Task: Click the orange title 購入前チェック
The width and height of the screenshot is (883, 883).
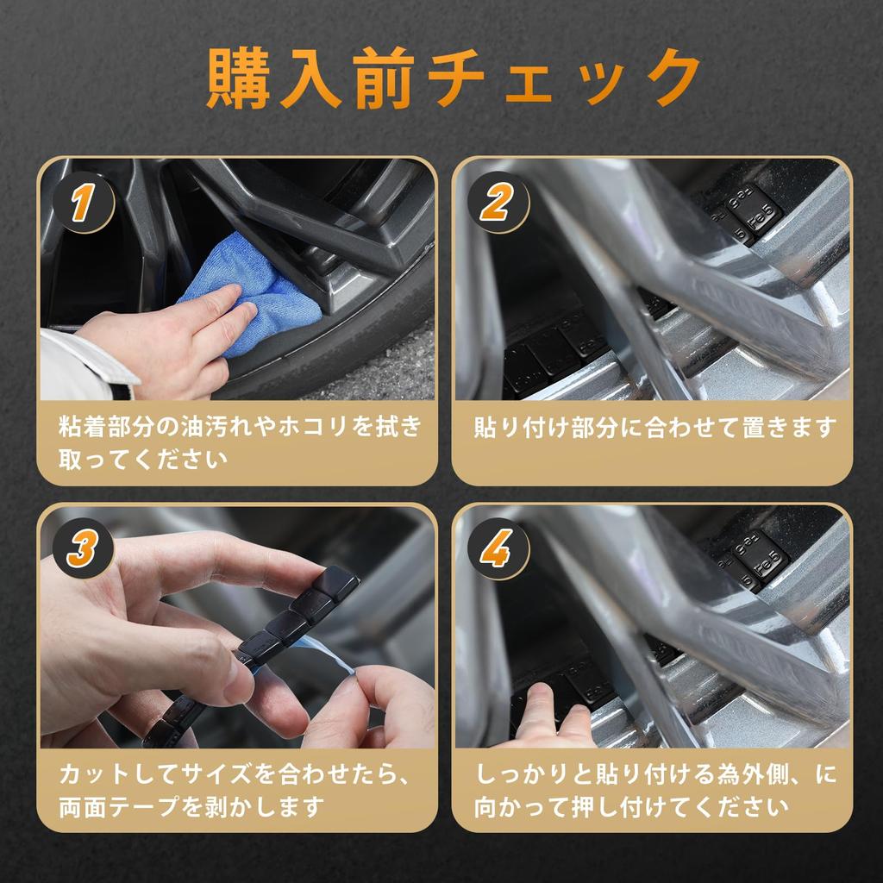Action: click(454, 78)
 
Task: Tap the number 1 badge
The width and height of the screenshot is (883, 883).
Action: click(84, 203)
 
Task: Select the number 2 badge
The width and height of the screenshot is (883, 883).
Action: click(498, 203)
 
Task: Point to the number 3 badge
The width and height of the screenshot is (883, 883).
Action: click(84, 548)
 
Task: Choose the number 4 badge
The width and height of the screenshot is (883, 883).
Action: click(498, 548)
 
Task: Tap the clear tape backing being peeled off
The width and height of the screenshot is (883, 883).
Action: click(321, 659)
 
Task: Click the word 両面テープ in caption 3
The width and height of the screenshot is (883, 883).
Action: click(121, 806)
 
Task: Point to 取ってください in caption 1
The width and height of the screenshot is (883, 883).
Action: click(143, 460)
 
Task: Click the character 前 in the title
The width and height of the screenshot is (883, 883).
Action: click(384, 78)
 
